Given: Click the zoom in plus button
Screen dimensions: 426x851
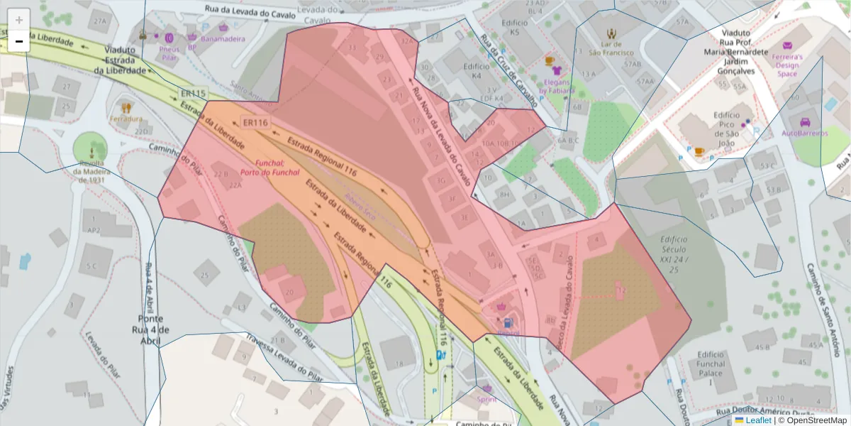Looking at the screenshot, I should [x=19, y=19].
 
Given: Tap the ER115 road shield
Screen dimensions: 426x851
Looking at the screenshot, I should [x=193, y=94].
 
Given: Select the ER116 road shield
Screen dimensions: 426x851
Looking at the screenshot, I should [x=255, y=123].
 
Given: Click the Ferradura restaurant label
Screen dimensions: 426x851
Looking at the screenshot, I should [x=126, y=119].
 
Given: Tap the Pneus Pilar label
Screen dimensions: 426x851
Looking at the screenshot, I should [x=169, y=54].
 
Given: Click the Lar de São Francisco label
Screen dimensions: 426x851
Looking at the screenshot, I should [x=610, y=48].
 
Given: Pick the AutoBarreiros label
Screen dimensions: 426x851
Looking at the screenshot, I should [x=805, y=132].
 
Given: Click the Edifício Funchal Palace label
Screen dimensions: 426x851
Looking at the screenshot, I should [x=711, y=364].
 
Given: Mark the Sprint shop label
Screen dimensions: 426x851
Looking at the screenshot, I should [x=486, y=399].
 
